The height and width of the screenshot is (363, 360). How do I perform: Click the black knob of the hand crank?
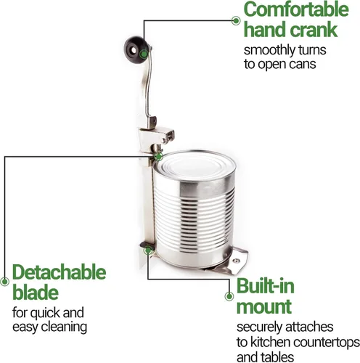pyautogui.click(x=134, y=50)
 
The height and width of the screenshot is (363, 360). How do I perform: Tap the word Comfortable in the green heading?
pyautogui.click(x=296, y=9)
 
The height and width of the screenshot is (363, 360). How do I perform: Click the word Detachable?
pyautogui.click(x=60, y=272)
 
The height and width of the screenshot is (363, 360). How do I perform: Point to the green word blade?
pyautogui.click(x=36, y=292)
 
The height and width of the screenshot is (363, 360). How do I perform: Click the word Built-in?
pyautogui.click(x=266, y=286)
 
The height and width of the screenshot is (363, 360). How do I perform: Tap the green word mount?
pyautogui.click(x=264, y=307)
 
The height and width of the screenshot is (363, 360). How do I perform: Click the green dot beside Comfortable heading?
pyautogui.click(x=236, y=20)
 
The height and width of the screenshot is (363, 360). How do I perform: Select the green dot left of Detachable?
pyautogui.click(x=4, y=282)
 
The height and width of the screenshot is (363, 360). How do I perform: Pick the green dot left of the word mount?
pyautogui.click(x=229, y=296)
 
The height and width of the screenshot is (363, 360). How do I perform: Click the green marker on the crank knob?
pyautogui.click(x=144, y=54)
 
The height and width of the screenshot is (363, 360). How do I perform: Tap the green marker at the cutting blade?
pyautogui.click(x=158, y=157)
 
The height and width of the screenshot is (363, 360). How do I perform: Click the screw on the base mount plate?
pyautogui.click(x=236, y=261)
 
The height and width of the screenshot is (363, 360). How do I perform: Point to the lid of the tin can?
pyautogui.click(x=194, y=165)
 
